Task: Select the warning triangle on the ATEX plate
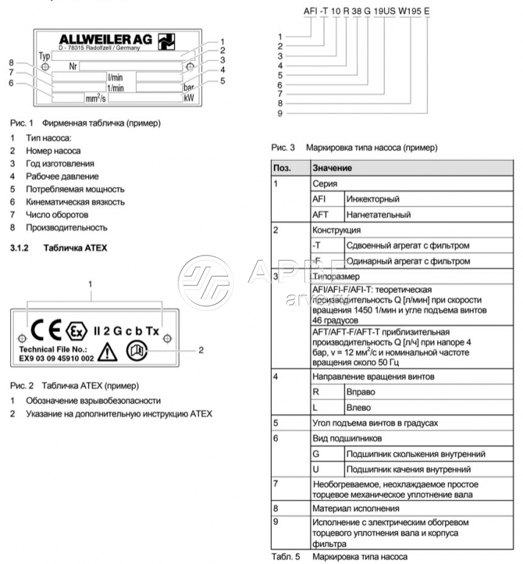click(107, 351)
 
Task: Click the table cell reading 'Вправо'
click(359, 392)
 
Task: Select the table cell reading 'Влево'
click(358, 408)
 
